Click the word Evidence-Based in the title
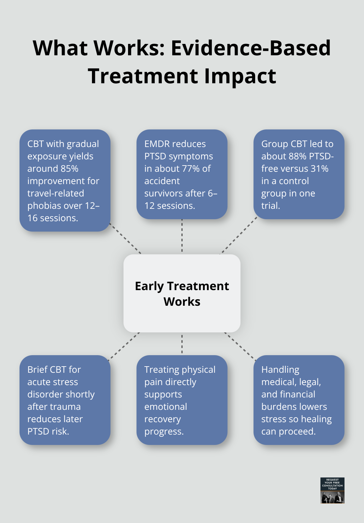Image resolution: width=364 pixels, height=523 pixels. coord(251,48)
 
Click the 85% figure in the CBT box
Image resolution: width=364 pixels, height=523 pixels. coord(69,168)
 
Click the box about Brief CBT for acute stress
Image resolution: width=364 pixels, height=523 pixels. coord(65,400)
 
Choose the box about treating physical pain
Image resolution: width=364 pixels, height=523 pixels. coord(182,400)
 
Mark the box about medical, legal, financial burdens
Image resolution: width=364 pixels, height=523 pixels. coord(299,400)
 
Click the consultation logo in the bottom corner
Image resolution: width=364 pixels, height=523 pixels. coord(332,490)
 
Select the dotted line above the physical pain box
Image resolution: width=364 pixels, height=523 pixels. coord(182,344)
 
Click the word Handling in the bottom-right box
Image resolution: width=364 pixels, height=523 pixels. coord(280,369)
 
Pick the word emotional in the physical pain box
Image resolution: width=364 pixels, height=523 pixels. coord(166,407)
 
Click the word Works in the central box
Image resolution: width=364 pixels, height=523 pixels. coord(182,302)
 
